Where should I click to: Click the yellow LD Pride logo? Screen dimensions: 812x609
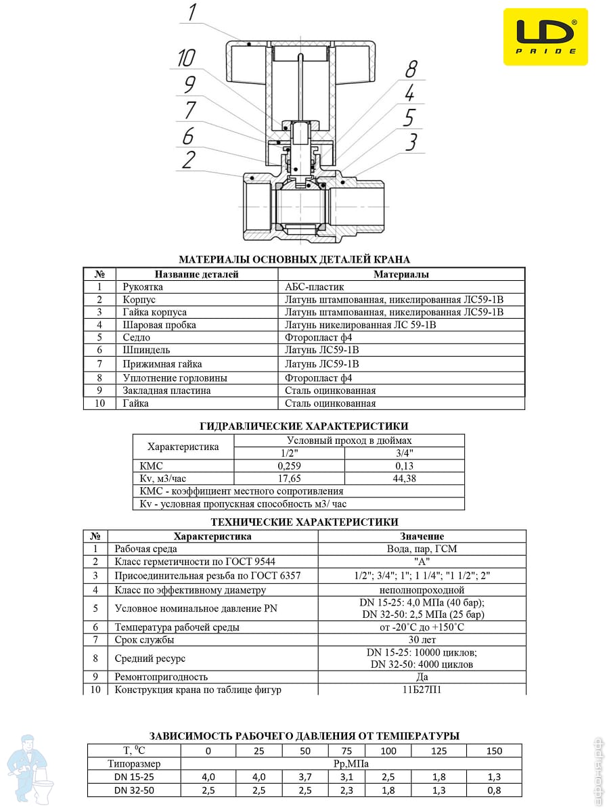(x=545, y=37)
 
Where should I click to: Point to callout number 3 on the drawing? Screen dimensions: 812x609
(x=411, y=142)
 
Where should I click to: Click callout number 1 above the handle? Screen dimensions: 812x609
(x=192, y=12)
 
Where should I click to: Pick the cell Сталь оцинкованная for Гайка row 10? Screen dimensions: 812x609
(x=330, y=403)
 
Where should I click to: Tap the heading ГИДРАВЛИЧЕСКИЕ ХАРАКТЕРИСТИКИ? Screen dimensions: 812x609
(x=304, y=426)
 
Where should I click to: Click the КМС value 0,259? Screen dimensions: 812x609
(x=289, y=466)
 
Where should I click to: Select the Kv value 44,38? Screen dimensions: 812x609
(x=404, y=478)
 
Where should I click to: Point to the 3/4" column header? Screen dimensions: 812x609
(x=404, y=453)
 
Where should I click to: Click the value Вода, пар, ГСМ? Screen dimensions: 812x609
(x=422, y=549)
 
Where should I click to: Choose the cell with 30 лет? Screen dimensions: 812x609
(x=422, y=639)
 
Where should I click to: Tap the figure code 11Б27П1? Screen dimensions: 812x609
(x=422, y=690)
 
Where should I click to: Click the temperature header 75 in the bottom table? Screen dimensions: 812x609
(x=346, y=750)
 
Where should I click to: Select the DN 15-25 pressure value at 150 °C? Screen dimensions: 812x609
(x=494, y=776)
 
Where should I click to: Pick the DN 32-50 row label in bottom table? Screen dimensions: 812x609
(x=134, y=790)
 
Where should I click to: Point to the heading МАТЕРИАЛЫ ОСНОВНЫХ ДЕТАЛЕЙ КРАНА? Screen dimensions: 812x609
(x=294, y=259)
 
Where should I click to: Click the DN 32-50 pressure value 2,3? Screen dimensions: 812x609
(x=346, y=790)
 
